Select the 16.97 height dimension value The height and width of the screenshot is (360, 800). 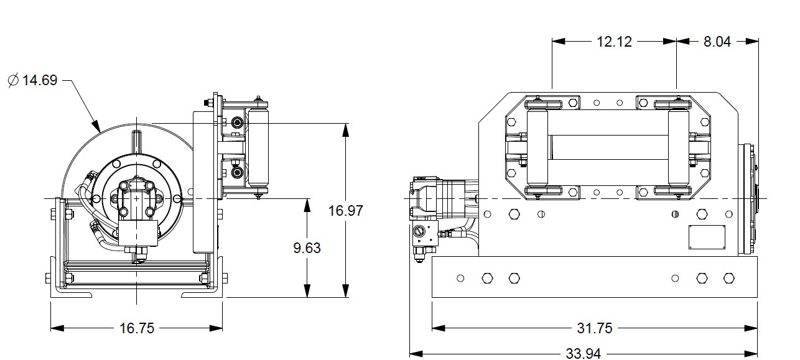345,210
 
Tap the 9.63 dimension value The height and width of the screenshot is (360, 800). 307,247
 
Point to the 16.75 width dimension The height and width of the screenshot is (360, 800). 136,328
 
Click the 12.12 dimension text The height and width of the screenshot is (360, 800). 614,42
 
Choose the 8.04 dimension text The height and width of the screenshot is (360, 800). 717,42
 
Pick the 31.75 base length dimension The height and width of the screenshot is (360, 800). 595,328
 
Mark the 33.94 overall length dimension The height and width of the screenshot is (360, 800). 583,353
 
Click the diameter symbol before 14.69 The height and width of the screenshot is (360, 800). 13,80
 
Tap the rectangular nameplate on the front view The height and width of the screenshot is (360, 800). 707,238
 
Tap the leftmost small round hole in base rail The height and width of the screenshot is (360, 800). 460,278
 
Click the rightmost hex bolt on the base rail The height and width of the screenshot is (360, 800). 728,278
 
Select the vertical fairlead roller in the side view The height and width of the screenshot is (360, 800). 257,150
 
